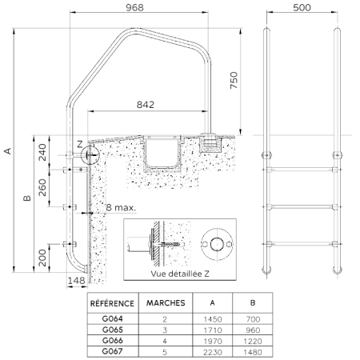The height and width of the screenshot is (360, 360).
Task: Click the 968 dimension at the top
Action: click(x=134, y=7)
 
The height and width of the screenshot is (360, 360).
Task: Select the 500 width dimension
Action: click(x=302, y=7)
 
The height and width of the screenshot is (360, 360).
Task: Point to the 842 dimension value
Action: click(x=146, y=105)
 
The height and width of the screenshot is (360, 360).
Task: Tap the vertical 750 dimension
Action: click(x=234, y=80)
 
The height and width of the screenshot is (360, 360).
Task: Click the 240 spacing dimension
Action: click(x=42, y=152)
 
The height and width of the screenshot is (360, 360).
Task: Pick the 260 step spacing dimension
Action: click(x=42, y=187)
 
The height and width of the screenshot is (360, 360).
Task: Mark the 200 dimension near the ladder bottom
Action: click(x=42, y=258)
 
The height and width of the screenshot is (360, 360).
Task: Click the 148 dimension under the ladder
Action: click(x=76, y=281)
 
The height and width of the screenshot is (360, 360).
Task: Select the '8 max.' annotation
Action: click(x=121, y=207)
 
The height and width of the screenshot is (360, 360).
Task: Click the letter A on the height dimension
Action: click(x=8, y=151)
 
